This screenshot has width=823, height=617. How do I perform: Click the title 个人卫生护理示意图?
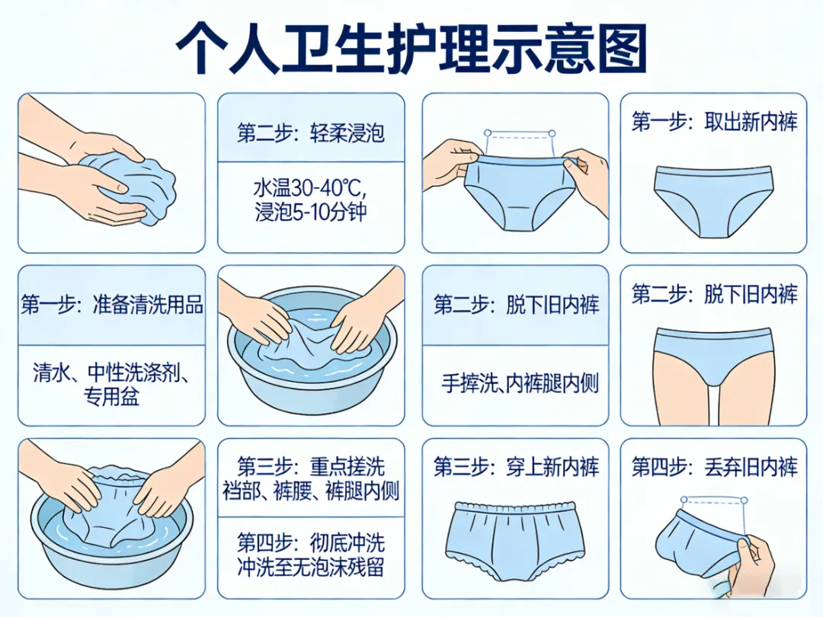[411, 48]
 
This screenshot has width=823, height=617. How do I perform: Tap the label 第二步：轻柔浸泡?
[311, 133]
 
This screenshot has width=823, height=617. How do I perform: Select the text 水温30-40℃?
[309, 187]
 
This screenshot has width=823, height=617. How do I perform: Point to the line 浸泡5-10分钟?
[311, 212]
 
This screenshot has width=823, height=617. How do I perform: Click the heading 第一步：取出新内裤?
[714, 122]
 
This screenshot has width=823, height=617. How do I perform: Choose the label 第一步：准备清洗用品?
[112, 304]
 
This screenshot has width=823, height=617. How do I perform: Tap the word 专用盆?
[111, 395]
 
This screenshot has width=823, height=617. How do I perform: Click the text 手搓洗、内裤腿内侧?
[520, 383]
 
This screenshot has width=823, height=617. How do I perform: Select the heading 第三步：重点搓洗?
[311, 466]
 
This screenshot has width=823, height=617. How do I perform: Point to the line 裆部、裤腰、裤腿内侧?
[311, 491]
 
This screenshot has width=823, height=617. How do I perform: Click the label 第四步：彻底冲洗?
[311, 542]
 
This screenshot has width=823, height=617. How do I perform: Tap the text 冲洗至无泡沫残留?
[311, 567]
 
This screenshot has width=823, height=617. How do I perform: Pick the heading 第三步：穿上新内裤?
[516, 466]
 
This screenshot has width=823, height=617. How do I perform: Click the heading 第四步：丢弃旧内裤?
[714, 466]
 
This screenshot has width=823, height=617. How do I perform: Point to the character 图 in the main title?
[620, 48]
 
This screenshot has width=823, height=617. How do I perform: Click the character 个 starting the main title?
[201, 48]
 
